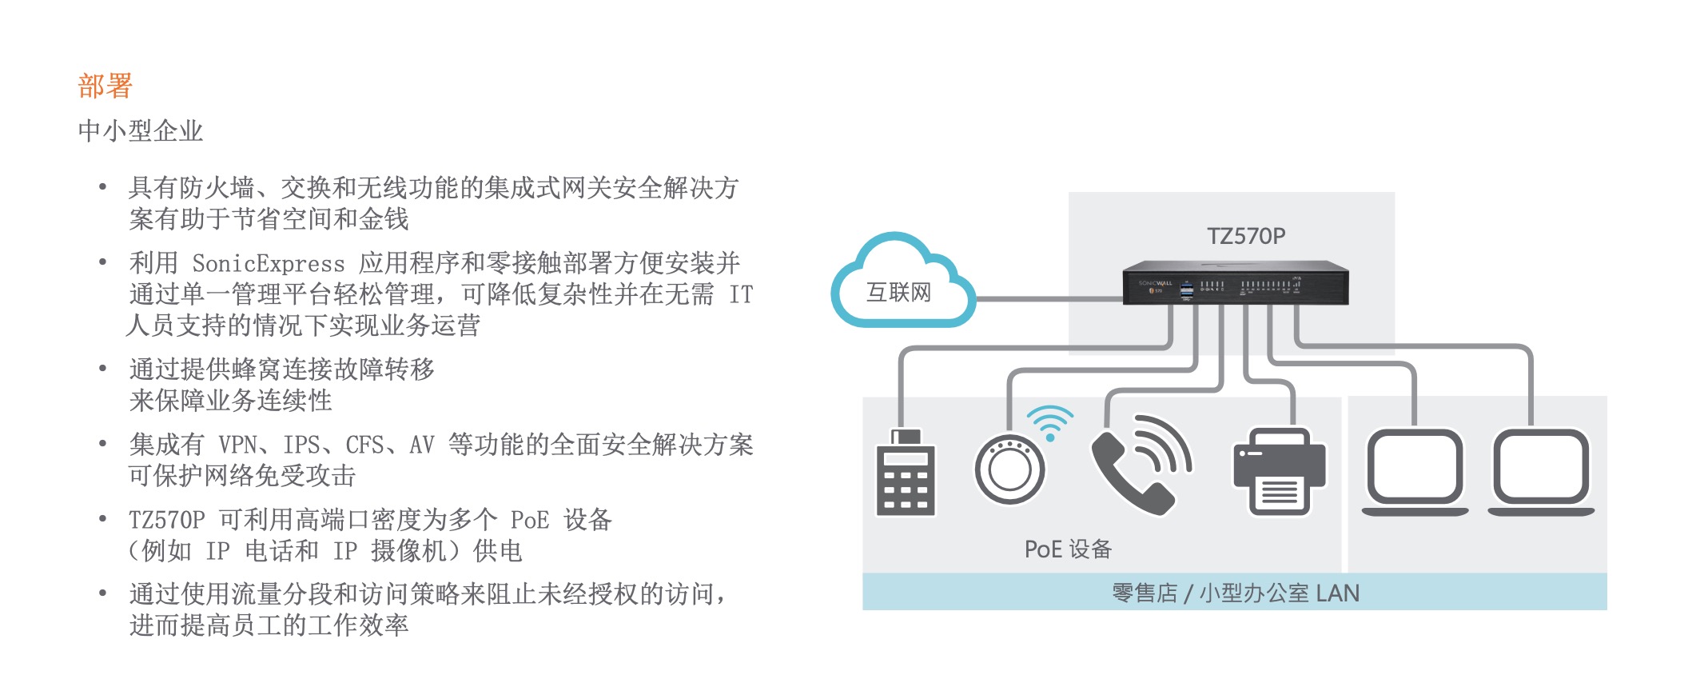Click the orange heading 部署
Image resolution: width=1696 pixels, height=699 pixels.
[x=105, y=86]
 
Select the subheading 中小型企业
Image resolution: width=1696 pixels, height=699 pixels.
[x=141, y=130]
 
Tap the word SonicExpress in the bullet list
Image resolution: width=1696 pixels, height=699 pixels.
[x=269, y=263]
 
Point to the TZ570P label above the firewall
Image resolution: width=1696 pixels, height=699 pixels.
[x=1245, y=236]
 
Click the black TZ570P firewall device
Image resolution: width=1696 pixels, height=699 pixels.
[x=1235, y=284]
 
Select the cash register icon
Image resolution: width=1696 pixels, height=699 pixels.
[x=906, y=473]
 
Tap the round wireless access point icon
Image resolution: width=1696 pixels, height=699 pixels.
[x=1009, y=469]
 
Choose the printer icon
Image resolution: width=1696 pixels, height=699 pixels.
[x=1279, y=471]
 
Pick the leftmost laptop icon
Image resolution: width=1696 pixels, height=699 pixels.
[x=1415, y=472]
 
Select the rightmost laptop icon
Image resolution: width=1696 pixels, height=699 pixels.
[x=1541, y=472]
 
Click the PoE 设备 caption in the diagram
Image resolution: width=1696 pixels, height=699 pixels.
[x=1068, y=549]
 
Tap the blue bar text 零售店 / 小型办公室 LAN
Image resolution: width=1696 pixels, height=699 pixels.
[x=1235, y=593]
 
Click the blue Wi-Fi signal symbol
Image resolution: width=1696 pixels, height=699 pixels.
[x=1049, y=421]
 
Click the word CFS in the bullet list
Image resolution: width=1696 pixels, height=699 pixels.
[x=364, y=445]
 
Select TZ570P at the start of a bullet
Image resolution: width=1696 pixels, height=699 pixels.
[x=167, y=520]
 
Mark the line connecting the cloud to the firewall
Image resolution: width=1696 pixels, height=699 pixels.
[x=1047, y=299]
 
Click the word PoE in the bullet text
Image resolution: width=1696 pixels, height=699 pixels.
[x=529, y=520]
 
